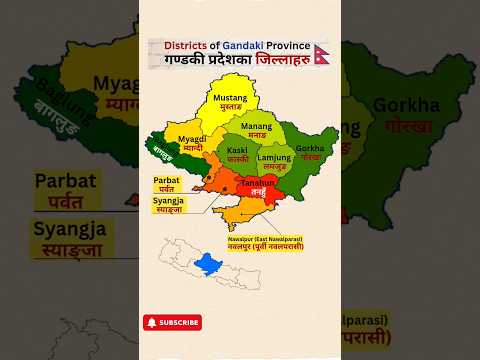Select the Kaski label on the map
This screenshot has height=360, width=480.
[x=238, y=154]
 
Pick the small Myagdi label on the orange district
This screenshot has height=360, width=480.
[x=192, y=142]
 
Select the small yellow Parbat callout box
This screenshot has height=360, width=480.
[x=167, y=183]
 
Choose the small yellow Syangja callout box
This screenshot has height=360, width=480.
[x=168, y=205]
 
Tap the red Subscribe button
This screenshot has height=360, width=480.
[x=172, y=322]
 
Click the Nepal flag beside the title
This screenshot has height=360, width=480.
[x=322, y=52]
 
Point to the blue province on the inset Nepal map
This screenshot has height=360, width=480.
[x=207, y=263]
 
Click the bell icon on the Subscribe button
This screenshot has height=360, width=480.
[x=152, y=322]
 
